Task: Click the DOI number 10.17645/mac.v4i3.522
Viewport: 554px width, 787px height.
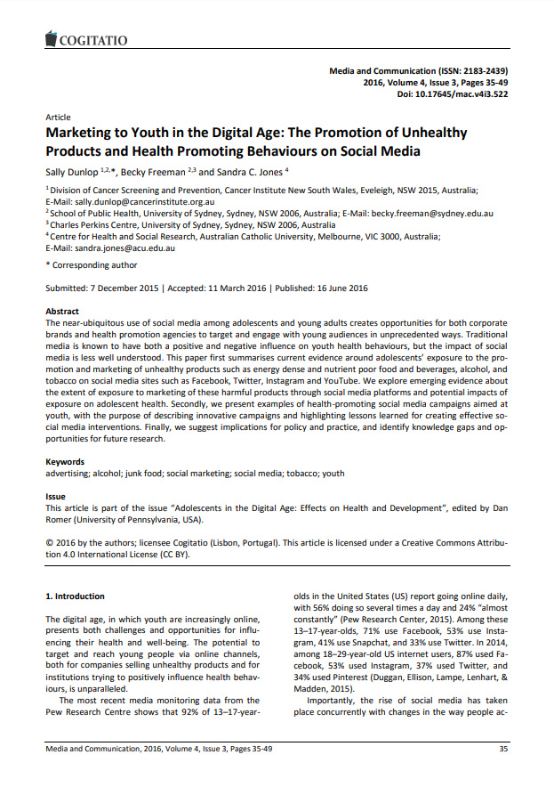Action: click(470, 93)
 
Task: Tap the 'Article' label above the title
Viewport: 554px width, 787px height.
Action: click(58, 118)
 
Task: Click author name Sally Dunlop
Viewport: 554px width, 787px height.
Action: click(73, 171)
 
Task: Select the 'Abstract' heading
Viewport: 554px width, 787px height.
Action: click(62, 312)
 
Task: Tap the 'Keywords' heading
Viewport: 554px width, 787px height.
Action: click(65, 462)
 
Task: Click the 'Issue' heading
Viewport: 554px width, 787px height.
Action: click(55, 497)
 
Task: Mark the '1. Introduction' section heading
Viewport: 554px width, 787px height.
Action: click(75, 595)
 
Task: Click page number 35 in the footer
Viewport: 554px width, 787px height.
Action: click(503, 750)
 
